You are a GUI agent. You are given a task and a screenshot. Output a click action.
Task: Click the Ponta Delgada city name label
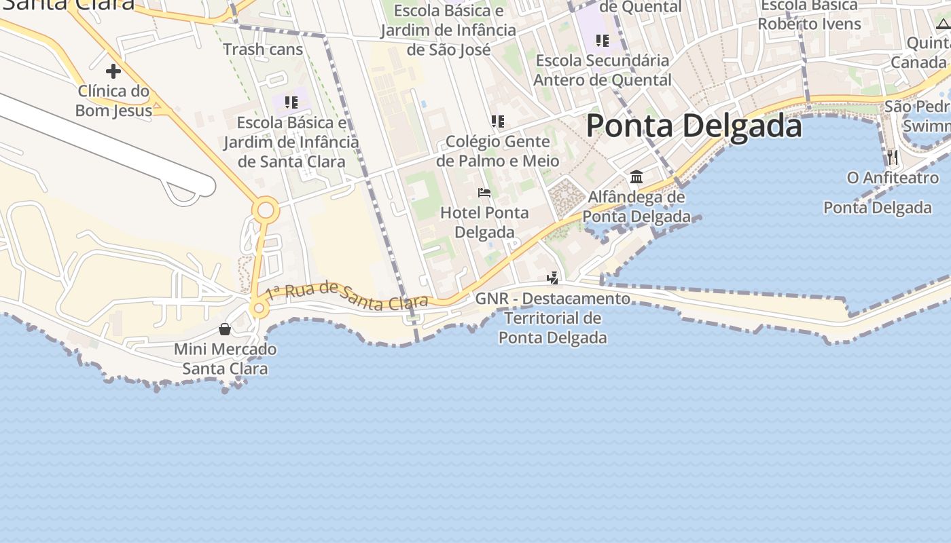tap(694, 126)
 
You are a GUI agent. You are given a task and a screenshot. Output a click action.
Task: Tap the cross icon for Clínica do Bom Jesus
tap(113, 71)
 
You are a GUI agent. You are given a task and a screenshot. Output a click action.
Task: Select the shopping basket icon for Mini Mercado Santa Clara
tap(225, 329)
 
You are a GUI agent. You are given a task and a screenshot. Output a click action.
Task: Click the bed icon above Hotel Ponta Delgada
tap(484, 193)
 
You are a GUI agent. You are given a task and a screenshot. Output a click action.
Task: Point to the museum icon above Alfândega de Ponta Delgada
tap(636, 177)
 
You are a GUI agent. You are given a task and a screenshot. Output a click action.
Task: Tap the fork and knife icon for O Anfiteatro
tap(893, 157)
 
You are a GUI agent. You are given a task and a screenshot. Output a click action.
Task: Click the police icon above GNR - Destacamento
tap(553, 278)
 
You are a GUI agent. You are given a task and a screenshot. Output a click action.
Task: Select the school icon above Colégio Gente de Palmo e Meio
tap(498, 121)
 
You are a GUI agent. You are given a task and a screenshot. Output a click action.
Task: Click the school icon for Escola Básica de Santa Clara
tap(291, 102)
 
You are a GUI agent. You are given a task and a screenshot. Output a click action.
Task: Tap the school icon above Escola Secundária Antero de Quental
tap(603, 41)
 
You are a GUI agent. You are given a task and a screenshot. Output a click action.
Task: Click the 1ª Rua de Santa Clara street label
tap(346, 296)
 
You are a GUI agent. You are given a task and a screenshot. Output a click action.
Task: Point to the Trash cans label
tap(263, 50)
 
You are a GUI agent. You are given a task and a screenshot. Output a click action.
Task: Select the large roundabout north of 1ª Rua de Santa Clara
tap(266, 210)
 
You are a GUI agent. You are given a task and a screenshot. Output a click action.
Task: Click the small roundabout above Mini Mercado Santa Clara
tap(258, 310)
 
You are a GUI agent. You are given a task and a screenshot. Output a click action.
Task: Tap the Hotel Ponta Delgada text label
tap(484, 223)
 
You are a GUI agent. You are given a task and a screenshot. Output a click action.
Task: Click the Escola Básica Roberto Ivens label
tap(809, 15)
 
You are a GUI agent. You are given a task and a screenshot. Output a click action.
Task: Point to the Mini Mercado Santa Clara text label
tap(225, 359)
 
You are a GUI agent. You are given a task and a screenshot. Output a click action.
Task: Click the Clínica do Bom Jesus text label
tap(113, 100)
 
